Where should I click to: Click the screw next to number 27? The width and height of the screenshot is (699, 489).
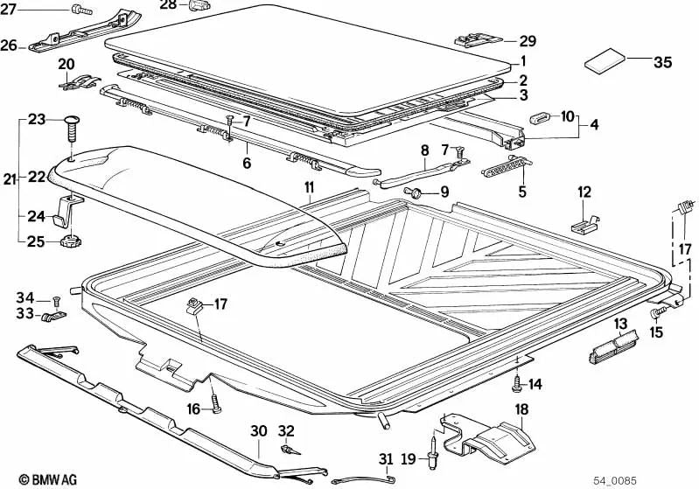point(80,11)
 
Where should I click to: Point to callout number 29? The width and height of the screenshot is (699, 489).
point(528,41)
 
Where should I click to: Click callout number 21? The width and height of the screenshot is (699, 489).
point(9,179)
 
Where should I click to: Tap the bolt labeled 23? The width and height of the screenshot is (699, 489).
point(71,129)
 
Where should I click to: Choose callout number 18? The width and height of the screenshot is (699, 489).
point(521,409)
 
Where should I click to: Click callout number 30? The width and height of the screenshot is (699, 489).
point(258,430)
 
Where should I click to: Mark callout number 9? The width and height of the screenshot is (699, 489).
point(443,192)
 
